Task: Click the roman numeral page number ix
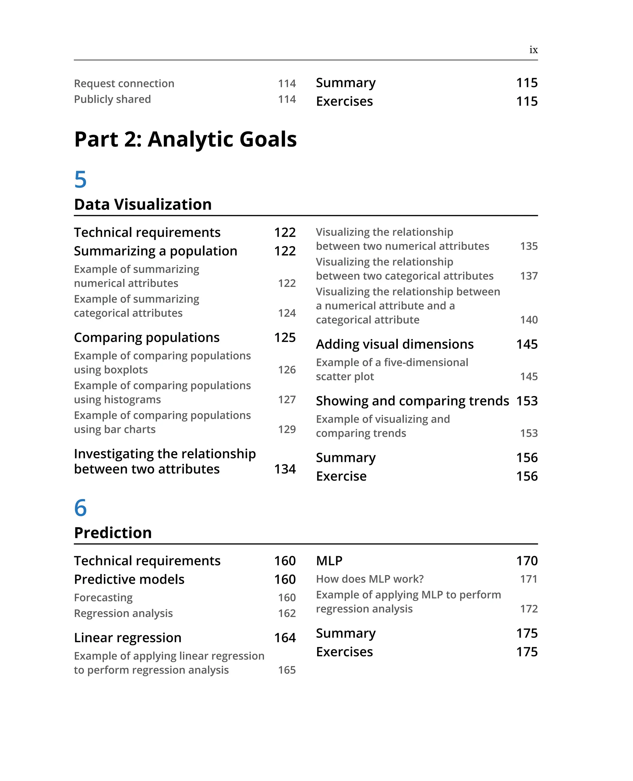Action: (533, 50)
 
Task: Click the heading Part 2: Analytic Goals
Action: (185, 139)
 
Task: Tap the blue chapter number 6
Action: (80, 508)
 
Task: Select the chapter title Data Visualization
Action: (142, 204)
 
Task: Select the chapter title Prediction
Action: (113, 533)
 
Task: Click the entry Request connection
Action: (124, 83)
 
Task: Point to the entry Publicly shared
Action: (112, 99)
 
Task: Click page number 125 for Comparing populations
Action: (285, 337)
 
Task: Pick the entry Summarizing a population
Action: (155, 251)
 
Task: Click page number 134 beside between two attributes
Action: (285, 469)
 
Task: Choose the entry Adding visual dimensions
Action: (394, 344)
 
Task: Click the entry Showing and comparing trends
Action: (412, 401)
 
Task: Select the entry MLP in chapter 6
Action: (329, 561)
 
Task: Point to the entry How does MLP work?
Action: (369, 579)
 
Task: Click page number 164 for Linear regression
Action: (285, 638)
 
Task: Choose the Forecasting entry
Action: (103, 598)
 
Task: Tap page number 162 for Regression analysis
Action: (287, 613)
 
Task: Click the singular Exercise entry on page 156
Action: (341, 476)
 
